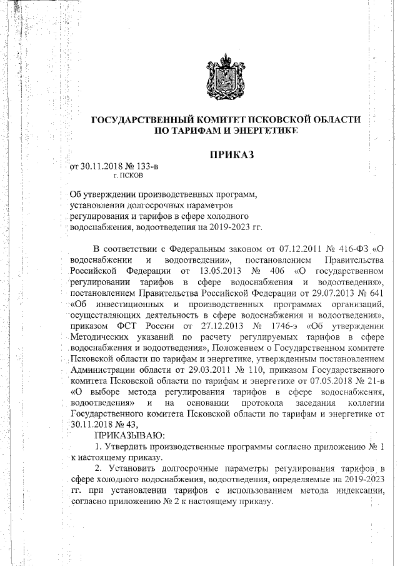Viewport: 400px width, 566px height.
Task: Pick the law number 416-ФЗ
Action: (348, 249)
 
